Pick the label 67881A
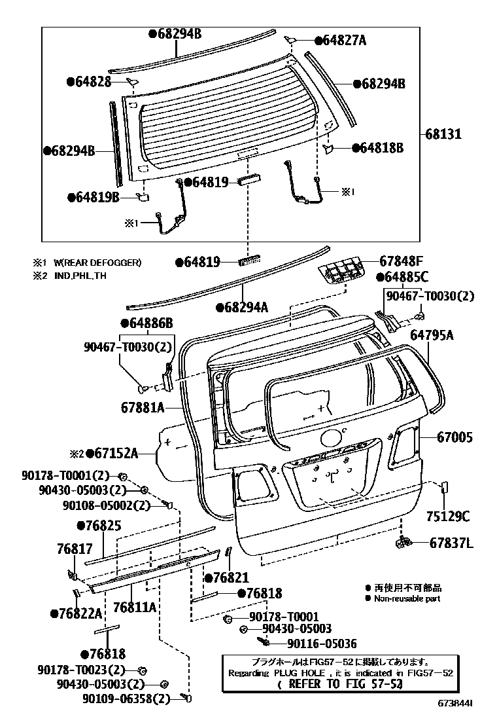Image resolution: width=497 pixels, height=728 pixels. tap(142, 407)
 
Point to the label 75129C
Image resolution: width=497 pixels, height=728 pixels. tap(448, 517)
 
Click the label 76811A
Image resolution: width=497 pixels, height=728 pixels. tap(135, 607)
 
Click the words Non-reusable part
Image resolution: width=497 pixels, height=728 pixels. tap(407, 598)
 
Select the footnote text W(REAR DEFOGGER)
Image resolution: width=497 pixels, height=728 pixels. tap(97, 263)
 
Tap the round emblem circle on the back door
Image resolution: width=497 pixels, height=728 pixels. tap(332, 437)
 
